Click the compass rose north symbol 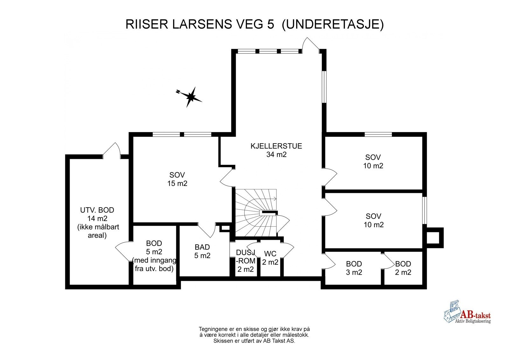point(190,96)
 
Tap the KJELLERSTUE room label point(276,146)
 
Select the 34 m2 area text point(276,155)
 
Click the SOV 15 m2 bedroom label point(177,179)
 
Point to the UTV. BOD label point(97,210)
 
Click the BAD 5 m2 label point(202,251)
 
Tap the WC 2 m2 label point(270,258)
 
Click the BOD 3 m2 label point(354,268)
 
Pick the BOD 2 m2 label point(403,268)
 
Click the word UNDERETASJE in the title point(333,25)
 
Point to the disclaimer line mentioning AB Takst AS point(254,341)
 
